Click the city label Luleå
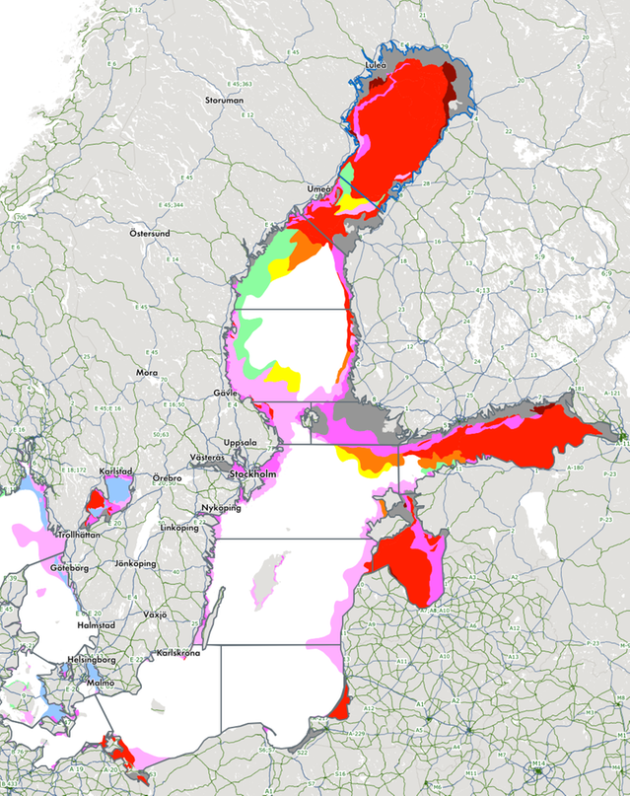pos(375,66)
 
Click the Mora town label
pos(147,373)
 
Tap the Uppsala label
pos(241,442)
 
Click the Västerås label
pos(208,459)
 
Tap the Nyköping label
pos(221,507)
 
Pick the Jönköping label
pos(137,563)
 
